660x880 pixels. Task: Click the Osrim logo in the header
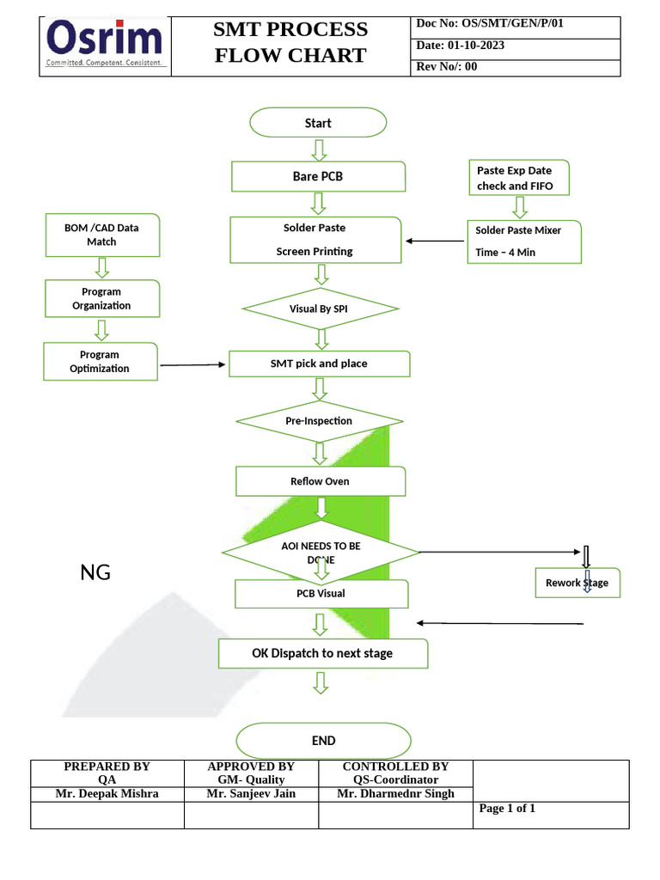click(x=105, y=45)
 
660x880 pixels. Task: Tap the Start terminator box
click(x=318, y=123)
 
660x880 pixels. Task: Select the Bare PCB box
click(x=318, y=177)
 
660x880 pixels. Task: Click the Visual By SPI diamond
click(x=321, y=309)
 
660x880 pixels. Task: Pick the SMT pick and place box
click(x=319, y=364)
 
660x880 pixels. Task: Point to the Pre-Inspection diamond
click(x=319, y=421)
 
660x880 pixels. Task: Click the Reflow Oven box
click(x=320, y=481)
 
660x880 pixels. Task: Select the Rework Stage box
click(x=577, y=583)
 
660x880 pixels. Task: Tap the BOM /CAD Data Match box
click(x=101, y=235)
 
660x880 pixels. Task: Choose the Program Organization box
click(x=101, y=298)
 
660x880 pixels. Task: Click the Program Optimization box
click(x=100, y=361)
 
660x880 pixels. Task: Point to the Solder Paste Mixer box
click(x=523, y=241)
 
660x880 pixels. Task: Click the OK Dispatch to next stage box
click(x=322, y=653)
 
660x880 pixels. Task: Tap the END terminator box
click(x=323, y=741)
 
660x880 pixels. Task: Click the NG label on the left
click(x=95, y=572)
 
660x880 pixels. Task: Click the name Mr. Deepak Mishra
click(x=107, y=794)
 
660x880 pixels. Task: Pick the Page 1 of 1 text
click(x=507, y=809)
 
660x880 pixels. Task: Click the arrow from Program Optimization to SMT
click(x=193, y=365)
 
